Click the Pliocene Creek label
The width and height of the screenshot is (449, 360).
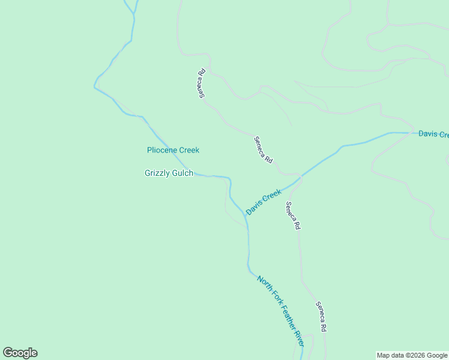point(173,150)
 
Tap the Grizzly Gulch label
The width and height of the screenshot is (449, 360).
point(169,173)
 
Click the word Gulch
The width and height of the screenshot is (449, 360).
point(182,173)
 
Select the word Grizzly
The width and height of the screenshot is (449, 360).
point(157,173)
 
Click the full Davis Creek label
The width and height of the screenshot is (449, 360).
point(264,203)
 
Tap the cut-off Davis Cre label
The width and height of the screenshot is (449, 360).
point(433,134)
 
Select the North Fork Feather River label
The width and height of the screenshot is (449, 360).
point(281,311)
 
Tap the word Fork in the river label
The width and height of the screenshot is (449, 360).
point(273,298)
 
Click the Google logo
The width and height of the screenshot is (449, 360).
point(20,353)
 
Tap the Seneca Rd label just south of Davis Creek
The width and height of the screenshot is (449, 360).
point(292,216)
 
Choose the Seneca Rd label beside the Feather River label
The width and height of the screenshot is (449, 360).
point(322,316)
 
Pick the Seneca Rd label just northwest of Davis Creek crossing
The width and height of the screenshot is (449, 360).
point(264,150)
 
